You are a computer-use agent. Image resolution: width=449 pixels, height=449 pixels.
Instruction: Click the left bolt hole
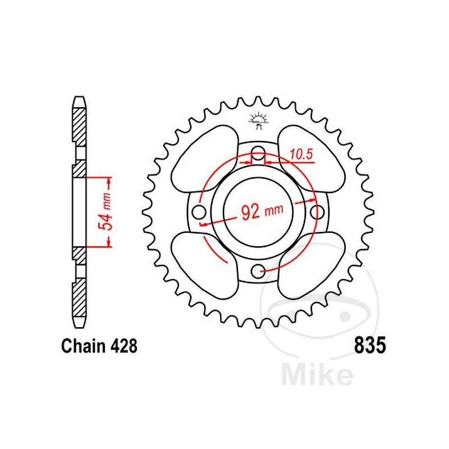tap(199, 213)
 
